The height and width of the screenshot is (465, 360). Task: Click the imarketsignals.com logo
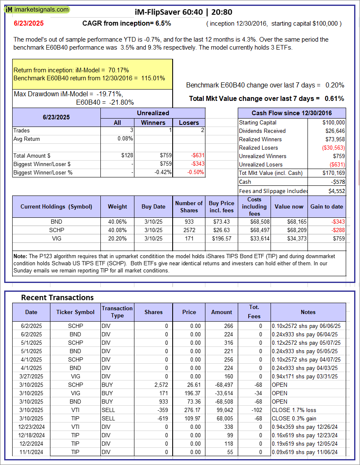pyautogui.click(x=38, y=9)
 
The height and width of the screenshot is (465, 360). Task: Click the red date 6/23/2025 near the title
pyautogui.click(x=28, y=24)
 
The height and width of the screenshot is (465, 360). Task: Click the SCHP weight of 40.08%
pyautogui.click(x=117, y=230)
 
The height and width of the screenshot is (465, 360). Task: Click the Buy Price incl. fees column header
pyautogui.click(x=221, y=206)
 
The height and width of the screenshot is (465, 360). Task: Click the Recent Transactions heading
pyautogui.click(x=57, y=298)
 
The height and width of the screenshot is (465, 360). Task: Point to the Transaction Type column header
pyautogui.click(x=117, y=312)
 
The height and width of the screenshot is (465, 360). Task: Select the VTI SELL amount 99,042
pyautogui.click(x=223, y=410)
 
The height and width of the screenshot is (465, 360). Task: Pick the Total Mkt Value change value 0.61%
pyautogui.click(x=334, y=98)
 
